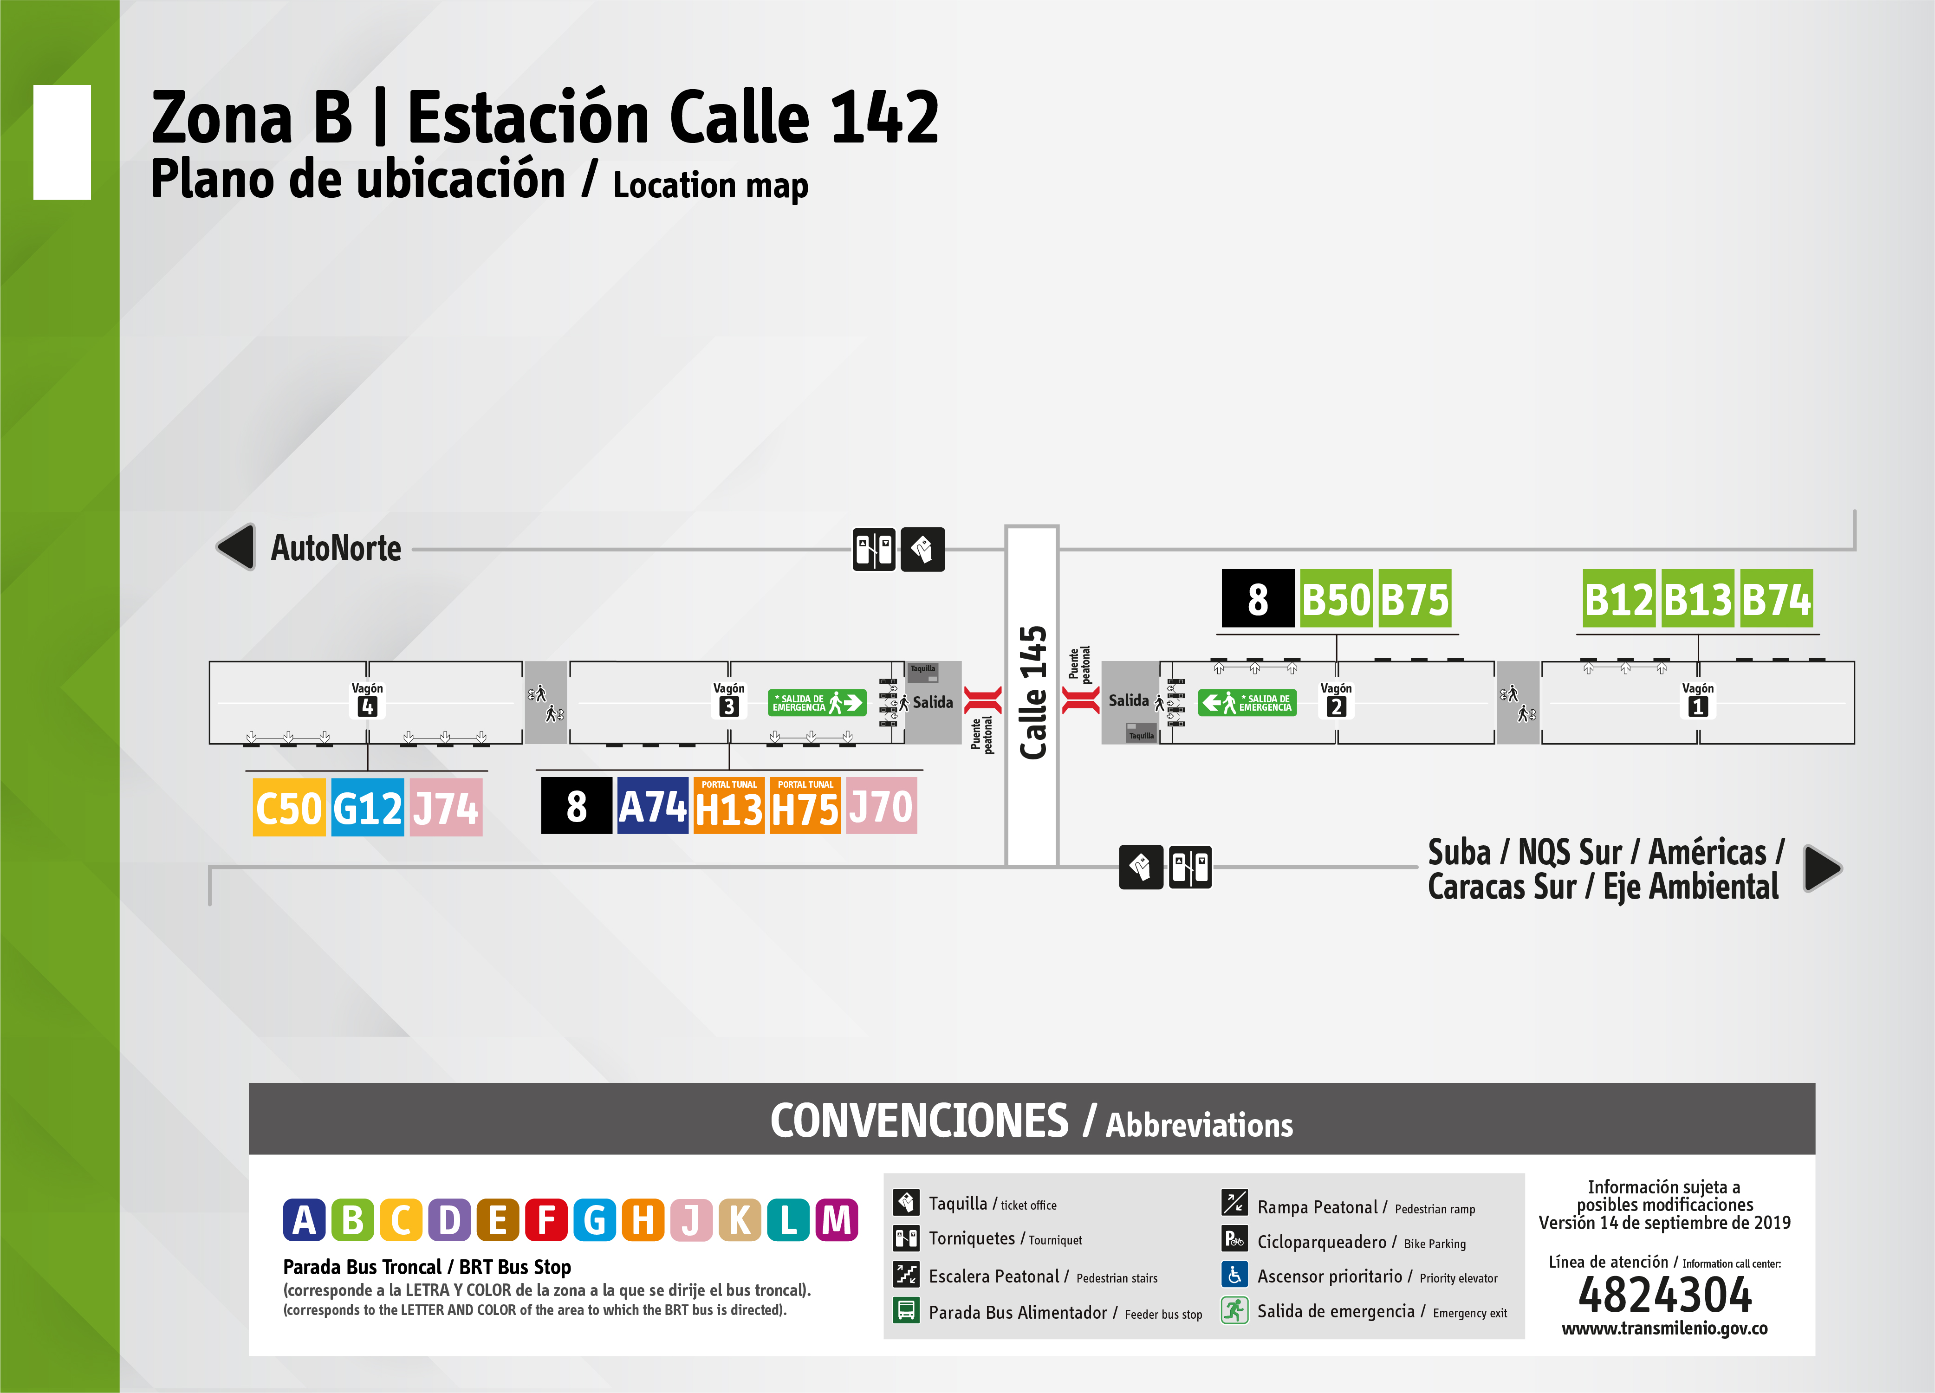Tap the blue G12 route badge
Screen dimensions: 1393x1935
tap(367, 807)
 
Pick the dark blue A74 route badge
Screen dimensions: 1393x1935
tap(653, 806)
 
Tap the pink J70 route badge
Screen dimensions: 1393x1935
tap(881, 806)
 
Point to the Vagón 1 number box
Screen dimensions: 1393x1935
tap(1698, 706)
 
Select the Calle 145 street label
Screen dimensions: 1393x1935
tap(1032, 693)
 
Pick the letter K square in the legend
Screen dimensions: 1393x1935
tap(740, 1220)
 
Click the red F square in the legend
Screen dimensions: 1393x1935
tap(546, 1220)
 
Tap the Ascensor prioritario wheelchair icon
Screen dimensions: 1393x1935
tap(1234, 1275)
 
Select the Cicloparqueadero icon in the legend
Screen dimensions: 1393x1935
tap(1234, 1239)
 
